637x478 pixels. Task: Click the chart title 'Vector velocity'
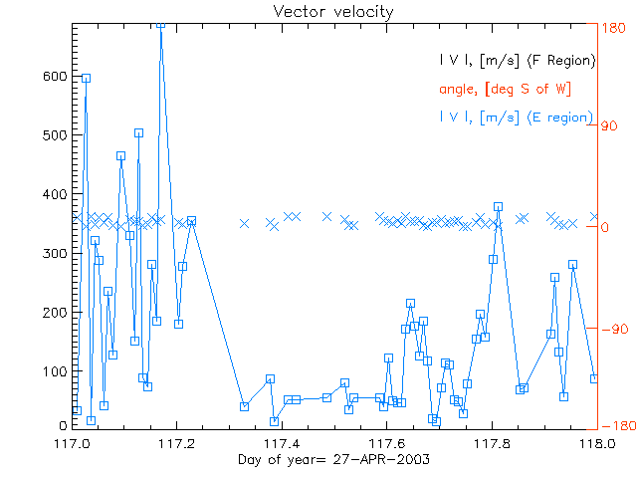[333, 12]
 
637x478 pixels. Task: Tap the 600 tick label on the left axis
[55, 77]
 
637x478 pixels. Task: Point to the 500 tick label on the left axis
[55, 135]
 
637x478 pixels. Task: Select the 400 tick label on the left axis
[55, 194]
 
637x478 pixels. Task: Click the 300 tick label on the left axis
[55, 253]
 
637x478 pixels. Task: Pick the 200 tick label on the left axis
[55, 312]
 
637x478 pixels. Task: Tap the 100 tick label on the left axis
[55, 371]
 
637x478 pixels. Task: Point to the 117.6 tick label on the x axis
[388, 441]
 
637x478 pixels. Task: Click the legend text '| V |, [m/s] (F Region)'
[517, 61]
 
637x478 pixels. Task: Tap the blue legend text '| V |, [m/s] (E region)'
[517, 117]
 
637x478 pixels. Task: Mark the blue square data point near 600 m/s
[86, 78]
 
